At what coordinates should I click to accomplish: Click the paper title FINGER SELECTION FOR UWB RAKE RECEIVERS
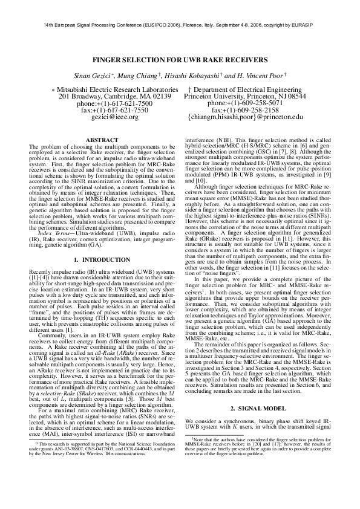pyautogui.click(x=180, y=61)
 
